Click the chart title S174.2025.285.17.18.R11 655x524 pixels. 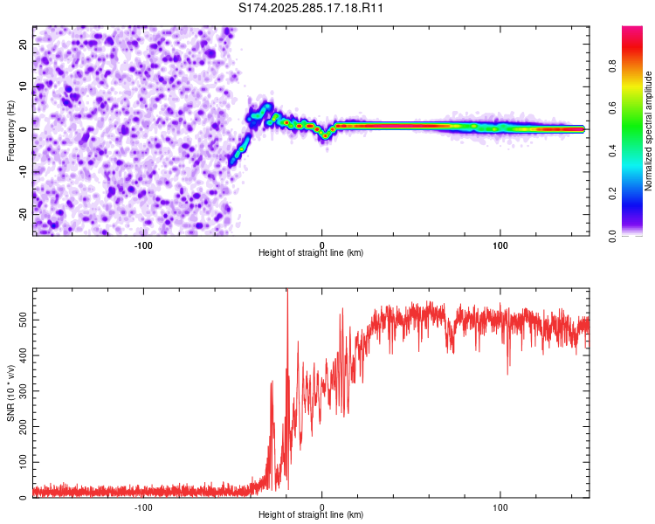tap(312, 8)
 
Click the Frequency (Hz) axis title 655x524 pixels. tap(10, 130)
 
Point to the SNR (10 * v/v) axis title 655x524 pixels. tap(10, 393)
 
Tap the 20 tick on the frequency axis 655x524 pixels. tap(24, 43)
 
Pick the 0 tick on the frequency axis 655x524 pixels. tap(26, 128)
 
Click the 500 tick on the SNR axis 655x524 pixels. tap(21, 320)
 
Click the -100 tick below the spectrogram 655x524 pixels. tap(143, 245)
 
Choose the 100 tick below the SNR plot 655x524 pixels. tap(500, 507)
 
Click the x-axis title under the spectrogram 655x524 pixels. tap(311, 253)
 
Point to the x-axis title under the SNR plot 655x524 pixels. tap(311, 516)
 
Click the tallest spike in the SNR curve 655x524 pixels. tap(287, 293)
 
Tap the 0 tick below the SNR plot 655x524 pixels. tap(322, 507)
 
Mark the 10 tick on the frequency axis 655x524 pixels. tap(24, 86)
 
